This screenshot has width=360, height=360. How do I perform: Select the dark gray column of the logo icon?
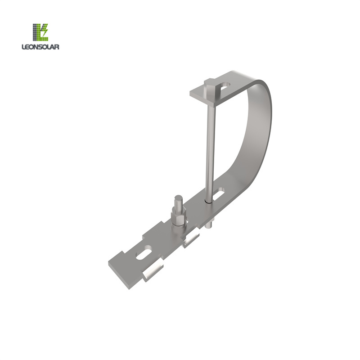pos(35,32)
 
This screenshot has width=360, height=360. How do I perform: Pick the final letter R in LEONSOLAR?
pos(58,46)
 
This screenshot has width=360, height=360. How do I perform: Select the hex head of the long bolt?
pos(211,86)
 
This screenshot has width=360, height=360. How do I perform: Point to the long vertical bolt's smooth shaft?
pos(208,144)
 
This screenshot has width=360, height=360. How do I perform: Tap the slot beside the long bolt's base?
pos(219,194)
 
